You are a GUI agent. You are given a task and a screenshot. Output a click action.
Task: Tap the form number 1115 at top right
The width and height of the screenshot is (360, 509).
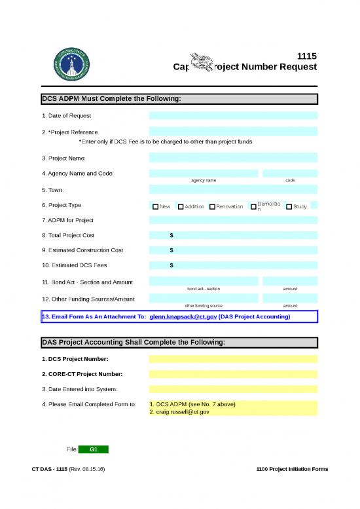pos(307,56)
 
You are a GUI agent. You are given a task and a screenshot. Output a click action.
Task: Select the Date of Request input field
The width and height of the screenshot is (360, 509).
pos(233,115)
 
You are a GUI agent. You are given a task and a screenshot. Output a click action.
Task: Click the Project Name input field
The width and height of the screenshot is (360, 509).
pos(233,158)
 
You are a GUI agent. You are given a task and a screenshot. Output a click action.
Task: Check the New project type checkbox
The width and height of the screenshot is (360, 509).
pos(155,207)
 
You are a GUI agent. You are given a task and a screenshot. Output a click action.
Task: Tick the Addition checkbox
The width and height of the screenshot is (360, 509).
pos(181,207)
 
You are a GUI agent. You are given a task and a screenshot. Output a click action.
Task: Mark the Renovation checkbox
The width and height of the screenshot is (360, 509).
pos(212,207)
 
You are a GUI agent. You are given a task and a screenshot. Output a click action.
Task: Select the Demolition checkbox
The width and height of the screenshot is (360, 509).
pos(253,207)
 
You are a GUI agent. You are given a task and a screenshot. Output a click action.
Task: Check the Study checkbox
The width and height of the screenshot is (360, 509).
pos(289,207)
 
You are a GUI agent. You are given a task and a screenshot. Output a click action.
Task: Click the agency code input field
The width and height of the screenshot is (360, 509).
pos(289,174)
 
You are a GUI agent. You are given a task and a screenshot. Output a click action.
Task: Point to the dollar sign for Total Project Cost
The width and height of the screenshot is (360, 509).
pos(171,235)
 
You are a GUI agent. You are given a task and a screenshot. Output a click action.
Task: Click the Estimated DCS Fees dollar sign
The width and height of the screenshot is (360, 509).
pos(171,265)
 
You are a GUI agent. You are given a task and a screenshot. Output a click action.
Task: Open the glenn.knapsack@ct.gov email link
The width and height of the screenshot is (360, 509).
pos(183,316)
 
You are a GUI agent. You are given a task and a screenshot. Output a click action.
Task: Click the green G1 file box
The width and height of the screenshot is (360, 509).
pos(94,449)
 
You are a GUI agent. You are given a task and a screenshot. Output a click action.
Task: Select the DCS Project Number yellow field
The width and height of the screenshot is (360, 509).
pos(233,359)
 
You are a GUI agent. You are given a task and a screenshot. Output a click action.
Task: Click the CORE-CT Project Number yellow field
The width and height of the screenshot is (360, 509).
pos(233,374)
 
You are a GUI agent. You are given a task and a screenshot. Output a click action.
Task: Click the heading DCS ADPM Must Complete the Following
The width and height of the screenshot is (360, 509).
pos(111,100)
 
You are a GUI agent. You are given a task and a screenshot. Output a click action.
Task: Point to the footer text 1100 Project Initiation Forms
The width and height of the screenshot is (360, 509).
pos(293,470)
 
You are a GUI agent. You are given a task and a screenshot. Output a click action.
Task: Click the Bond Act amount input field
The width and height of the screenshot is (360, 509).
pos(289,281)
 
